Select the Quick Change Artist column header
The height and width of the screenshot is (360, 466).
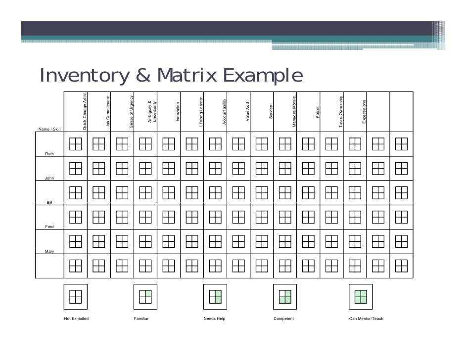click(x=85, y=111)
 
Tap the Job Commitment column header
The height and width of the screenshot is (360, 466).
click(x=108, y=112)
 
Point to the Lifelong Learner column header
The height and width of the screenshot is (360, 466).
click(x=201, y=111)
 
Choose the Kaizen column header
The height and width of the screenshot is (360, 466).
click(x=318, y=112)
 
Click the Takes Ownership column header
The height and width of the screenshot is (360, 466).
click(x=341, y=111)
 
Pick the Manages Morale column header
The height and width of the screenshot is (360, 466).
click(x=294, y=111)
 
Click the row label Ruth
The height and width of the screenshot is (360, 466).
click(x=49, y=154)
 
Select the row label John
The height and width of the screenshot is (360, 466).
click(x=49, y=178)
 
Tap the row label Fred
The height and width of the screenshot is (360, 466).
click(x=49, y=226)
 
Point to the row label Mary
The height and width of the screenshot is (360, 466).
click(x=49, y=252)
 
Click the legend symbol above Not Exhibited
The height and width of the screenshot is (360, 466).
click(x=76, y=296)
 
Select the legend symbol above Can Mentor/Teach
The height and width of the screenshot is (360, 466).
click(x=361, y=296)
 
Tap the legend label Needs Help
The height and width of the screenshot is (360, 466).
click(x=214, y=318)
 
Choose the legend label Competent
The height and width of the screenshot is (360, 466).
click(x=283, y=318)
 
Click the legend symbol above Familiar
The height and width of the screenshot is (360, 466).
click(x=145, y=296)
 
